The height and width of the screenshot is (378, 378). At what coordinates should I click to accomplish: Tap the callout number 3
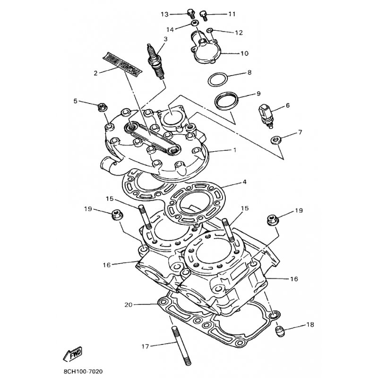click(166, 39)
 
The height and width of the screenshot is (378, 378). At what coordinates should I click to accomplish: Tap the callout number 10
click(244, 53)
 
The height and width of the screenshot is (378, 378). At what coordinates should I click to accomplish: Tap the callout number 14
click(169, 29)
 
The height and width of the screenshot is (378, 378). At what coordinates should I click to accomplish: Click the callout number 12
click(239, 33)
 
